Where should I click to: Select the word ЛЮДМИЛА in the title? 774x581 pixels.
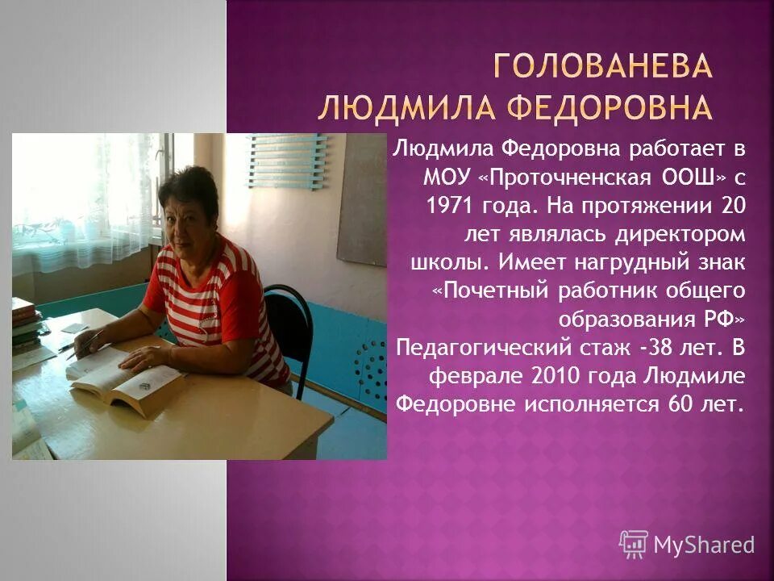(397, 107)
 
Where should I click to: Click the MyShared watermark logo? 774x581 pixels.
(686, 544)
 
